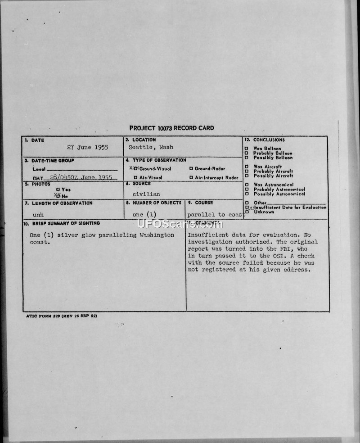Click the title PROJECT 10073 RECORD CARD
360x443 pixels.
click(171, 128)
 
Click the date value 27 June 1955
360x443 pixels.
click(87, 147)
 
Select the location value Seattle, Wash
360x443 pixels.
click(151, 147)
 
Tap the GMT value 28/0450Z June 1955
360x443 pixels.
click(81, 177)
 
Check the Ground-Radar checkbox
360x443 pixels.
click(191, 169)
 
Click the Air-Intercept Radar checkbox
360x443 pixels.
click(191, 178)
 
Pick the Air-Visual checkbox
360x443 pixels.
click(135, 178)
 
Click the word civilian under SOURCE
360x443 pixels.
click(146, 194)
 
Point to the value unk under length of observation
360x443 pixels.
click(38, 215)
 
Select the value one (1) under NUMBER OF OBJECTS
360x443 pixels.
click(144, 215)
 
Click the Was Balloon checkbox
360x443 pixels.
click(246, 149)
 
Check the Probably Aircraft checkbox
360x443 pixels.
click(246, 171)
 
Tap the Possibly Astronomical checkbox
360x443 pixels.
click(246, 194)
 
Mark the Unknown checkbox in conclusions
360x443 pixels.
click(247, 212)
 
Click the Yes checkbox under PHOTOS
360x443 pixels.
click(58, 190)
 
